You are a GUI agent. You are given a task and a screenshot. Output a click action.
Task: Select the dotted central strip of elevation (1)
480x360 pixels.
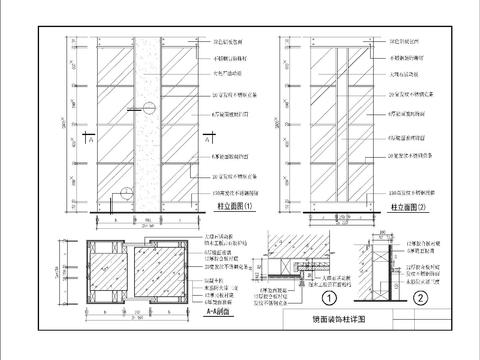tap(144, 120)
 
